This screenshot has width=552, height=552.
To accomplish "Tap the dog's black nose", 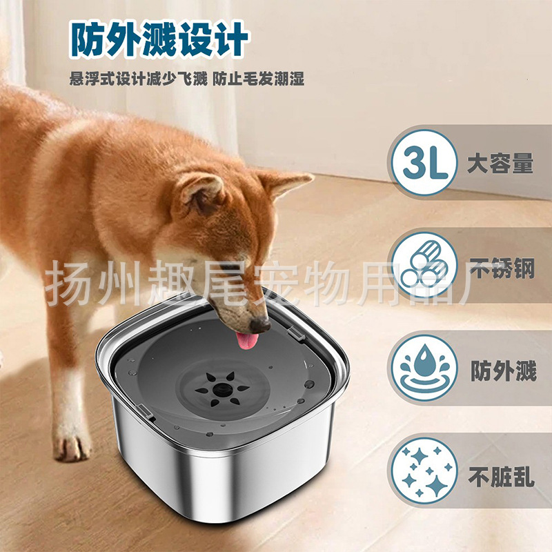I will click(x=260, y=323).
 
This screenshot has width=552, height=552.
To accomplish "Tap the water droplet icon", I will click(x=424, y=371).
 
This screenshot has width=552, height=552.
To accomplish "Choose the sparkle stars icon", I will click(x=424, y=471).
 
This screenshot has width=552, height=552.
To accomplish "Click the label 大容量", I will click(x=500, y=165).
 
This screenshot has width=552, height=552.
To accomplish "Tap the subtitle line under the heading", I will click(x=186, y=79).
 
